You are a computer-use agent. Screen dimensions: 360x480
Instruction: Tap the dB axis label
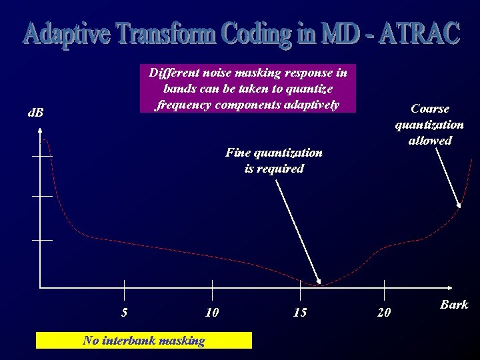(x=35, y=113)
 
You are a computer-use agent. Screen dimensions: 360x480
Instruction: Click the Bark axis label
(x=454, y=305)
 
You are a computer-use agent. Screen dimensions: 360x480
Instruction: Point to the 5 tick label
(x=125, y=312)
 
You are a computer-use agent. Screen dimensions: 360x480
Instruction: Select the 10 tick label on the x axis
(x=212, y=312)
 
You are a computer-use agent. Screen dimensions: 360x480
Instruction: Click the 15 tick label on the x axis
(x=300, y=312)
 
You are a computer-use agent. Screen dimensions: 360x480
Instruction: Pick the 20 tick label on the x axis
(x=384, y=312)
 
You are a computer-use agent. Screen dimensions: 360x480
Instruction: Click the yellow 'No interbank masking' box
(x=144, y=341)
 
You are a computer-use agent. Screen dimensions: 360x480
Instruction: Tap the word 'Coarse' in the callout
(x=430, y=109)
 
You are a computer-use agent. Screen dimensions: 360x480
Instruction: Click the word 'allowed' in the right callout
(x=430, y=141)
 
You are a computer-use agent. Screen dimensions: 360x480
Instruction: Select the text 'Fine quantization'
(x=274, y=153)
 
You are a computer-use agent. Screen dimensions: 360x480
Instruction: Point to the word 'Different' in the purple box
(x=173, y=73)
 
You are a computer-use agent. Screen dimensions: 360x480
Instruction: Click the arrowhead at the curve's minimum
(x=319, y=281)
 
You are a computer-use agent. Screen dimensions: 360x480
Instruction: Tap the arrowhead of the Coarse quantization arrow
(x=459, y=204)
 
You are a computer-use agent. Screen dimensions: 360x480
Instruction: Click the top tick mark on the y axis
(x=41, y=155)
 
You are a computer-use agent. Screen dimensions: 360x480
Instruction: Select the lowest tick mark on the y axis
(x=41, y=239)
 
